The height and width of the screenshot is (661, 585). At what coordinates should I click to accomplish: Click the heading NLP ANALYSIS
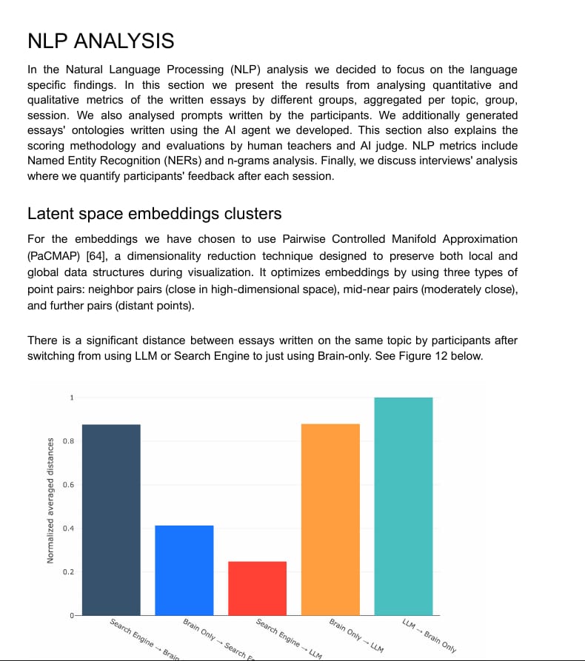coord(101,41)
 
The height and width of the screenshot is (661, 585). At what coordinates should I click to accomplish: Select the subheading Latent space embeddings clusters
coord(154,214)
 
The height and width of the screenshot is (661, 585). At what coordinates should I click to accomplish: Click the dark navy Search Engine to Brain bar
coord(111,519)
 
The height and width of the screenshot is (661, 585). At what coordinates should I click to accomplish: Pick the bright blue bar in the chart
coord(184,570)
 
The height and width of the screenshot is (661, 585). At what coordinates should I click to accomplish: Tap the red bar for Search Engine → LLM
coord(257,588)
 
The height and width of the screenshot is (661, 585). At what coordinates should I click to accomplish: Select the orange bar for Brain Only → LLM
coord(330,519)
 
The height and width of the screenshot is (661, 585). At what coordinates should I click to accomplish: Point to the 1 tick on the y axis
coord(72,398)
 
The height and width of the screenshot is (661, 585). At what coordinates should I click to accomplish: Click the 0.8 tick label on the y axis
coord(68,442)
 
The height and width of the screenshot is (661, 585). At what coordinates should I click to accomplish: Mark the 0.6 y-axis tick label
coord(68,485)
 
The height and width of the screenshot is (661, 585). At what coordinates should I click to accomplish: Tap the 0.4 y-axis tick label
coord(68,529)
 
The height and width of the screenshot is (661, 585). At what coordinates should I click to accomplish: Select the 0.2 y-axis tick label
coord(68,572)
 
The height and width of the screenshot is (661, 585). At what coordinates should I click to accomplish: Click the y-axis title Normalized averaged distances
coord(50,500)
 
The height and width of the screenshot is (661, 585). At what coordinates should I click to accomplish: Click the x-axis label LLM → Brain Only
coord(429,634)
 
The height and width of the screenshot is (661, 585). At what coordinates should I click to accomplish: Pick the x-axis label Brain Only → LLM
coord(356,634)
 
